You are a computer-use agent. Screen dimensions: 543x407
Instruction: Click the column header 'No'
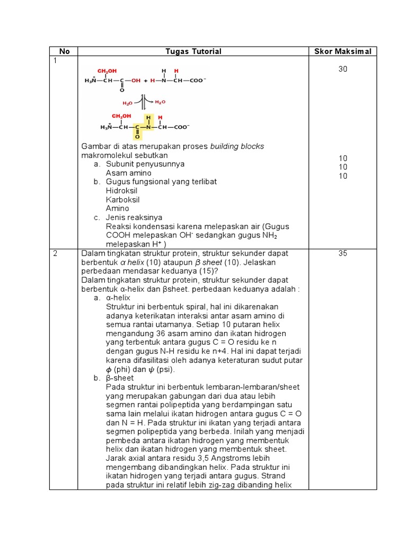tap(65, 51)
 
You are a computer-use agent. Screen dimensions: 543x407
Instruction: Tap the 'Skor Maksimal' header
tap(343, 51)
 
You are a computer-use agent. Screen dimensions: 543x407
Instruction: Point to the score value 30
tap(343, 69)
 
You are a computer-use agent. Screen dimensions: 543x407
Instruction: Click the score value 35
tap(343, 253)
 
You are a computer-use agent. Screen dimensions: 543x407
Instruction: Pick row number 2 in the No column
tap(55, 253)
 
